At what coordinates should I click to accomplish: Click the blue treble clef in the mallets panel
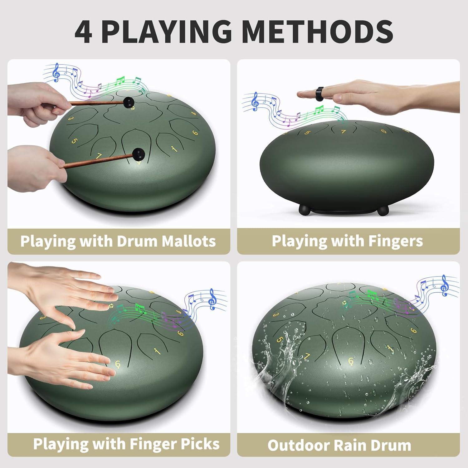tap(56, 72)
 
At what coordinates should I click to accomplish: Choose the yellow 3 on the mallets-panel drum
tap(71, 119)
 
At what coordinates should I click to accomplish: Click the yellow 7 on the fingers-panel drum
tap(344, 132)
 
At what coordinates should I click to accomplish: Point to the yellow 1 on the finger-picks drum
tap(156, 352)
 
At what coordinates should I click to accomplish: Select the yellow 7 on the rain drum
tap(308, 356)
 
